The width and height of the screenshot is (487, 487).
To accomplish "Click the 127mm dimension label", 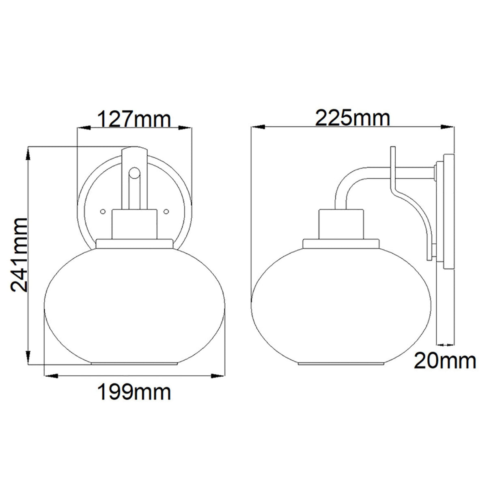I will [134, 119].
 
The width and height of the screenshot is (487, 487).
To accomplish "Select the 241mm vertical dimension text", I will [19, 255].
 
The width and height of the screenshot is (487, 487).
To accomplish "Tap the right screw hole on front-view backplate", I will [166, 211].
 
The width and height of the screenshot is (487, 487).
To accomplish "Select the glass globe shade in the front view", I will [134, 306].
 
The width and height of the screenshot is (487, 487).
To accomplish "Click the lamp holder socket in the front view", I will [134, 224].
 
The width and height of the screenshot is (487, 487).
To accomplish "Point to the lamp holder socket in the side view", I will [341, 224].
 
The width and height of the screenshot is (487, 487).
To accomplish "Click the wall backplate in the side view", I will [448, 211].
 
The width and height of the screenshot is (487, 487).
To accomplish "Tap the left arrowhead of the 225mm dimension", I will [256, 127].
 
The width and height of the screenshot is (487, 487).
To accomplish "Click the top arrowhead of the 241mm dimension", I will [28, 152].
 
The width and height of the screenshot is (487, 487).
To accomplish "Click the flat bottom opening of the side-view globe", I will [341, 363].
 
